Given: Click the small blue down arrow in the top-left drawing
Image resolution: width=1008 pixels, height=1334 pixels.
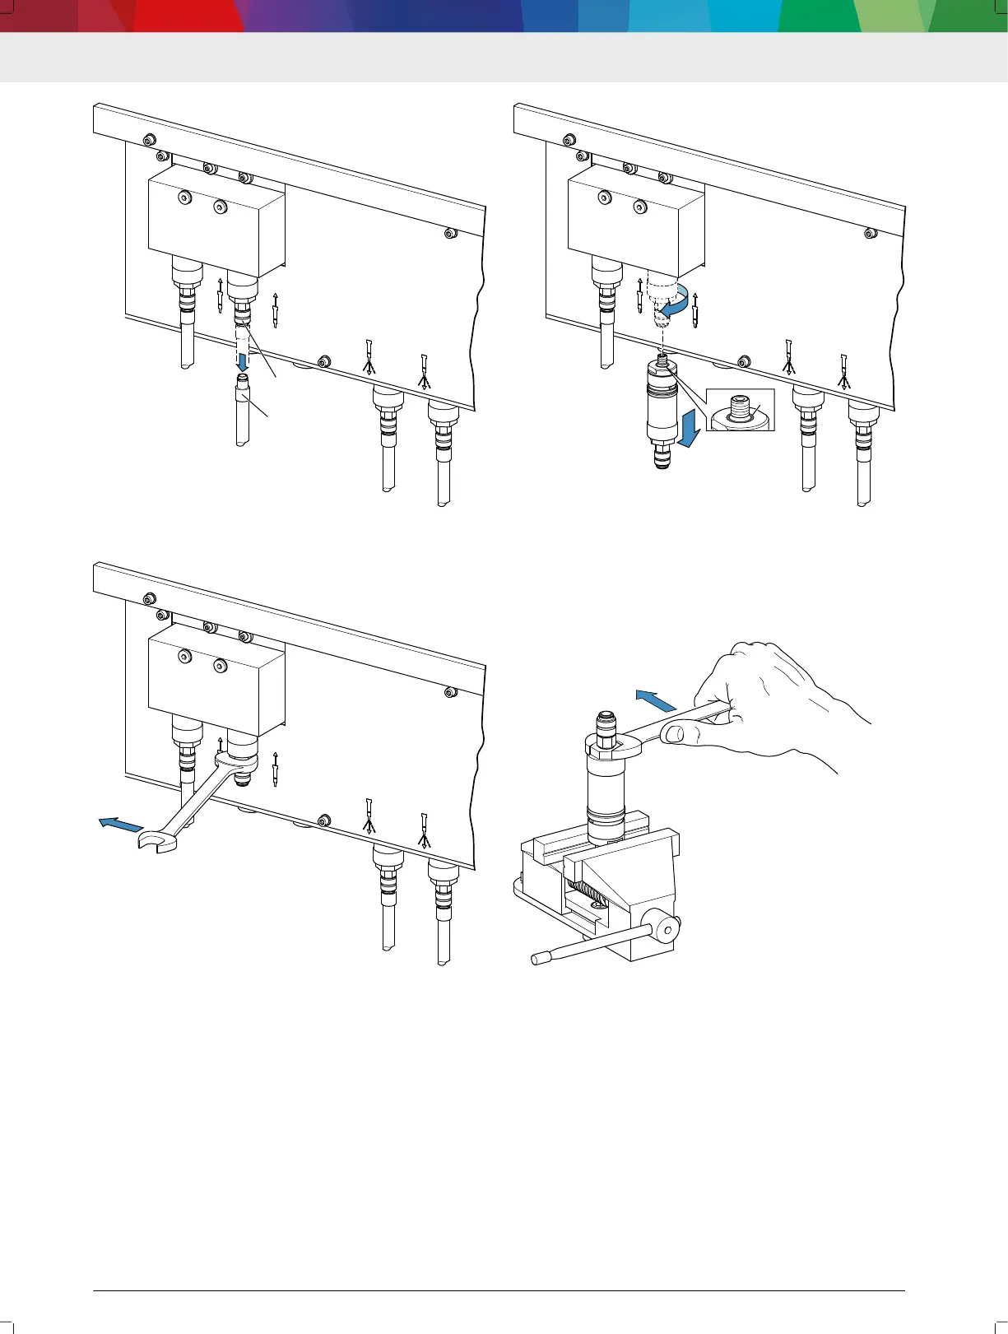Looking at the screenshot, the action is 243,361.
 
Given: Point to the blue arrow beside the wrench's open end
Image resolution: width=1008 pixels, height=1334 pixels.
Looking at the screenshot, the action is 115,824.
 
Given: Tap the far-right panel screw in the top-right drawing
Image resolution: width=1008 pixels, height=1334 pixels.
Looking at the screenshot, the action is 871,234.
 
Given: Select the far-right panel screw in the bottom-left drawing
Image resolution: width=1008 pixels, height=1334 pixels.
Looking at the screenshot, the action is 450,693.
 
